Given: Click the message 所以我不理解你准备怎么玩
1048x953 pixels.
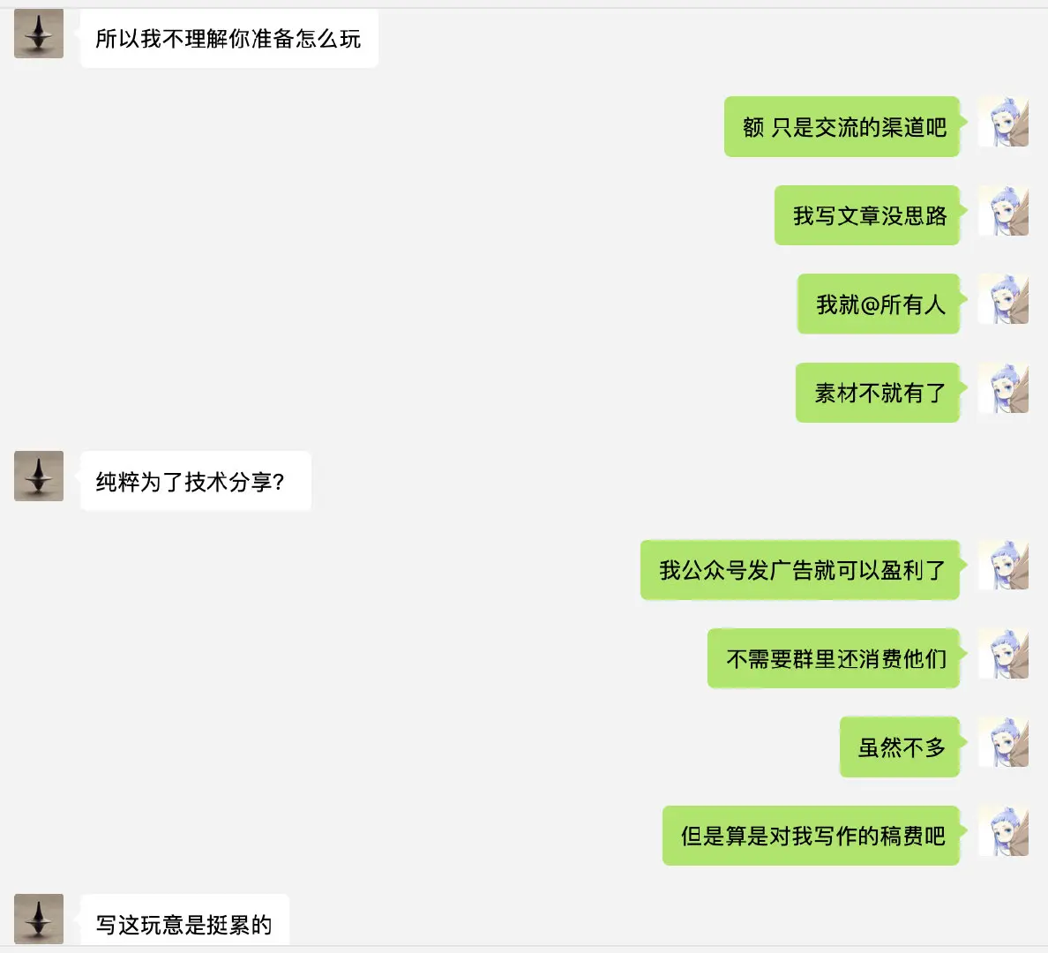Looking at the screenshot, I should point(228,39).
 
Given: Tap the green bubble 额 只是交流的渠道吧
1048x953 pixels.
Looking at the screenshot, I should point(843,127).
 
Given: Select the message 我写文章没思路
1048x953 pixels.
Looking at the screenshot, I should point(868,216).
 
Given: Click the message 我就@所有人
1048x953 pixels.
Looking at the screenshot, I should point(880,304).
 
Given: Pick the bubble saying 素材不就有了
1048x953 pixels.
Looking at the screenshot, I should point(879,394).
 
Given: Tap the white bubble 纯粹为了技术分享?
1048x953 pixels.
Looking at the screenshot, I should point(191,482).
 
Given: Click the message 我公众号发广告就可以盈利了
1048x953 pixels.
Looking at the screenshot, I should point(801,570).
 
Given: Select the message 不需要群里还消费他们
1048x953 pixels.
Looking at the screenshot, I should point(835,659).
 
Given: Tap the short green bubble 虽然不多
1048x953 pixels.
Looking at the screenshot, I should point(901,747).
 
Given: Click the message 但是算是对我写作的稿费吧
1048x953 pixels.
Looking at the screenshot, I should point(812,836).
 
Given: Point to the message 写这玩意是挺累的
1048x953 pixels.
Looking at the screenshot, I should point(183,924).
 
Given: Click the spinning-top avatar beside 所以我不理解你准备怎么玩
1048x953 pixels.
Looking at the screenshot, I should point(39,35).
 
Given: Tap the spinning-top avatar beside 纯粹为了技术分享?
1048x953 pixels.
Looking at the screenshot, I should point(39,476).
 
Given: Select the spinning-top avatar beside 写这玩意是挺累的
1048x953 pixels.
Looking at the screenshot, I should point(39,919).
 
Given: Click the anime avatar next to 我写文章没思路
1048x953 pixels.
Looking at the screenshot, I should point(1004,211).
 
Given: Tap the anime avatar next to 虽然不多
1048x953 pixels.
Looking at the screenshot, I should point(1004,742).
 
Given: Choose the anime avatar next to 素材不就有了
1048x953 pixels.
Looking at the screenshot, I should point(1004,388).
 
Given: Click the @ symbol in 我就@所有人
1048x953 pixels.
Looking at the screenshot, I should point(870,305).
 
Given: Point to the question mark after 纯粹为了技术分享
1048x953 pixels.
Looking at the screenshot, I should point(279,483).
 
